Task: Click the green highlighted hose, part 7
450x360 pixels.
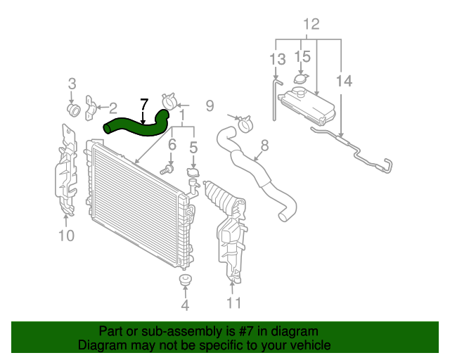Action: [137, 126]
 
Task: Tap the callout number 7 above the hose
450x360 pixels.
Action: [143, 105]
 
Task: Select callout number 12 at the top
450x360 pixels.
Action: [311, 25]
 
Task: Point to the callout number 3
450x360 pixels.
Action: [72, 84]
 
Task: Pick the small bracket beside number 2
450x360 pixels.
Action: [91, 108]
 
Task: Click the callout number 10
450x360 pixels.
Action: [65, 236]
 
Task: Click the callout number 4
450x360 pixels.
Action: [185, 306]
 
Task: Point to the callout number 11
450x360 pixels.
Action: [233, 303]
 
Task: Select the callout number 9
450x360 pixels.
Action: [209, 106]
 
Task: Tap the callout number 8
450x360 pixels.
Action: [264, 146]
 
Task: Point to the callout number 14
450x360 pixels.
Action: [344, 82]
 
